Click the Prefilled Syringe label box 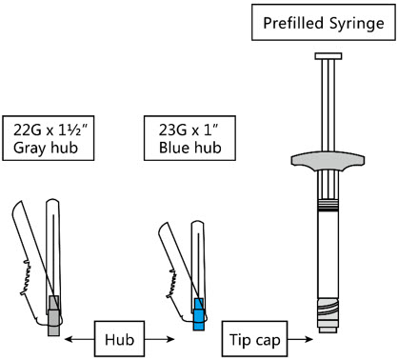tap(324, 22)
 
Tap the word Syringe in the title tap(356, 24)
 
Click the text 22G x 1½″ tap(50, 130)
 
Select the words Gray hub tap(46, 148)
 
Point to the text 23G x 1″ tap(189, 130)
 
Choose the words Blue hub tap(189, 148)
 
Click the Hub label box tap(119, 339)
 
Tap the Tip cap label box tap(254, 339)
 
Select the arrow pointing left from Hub tap(79, 339)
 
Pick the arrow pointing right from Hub tap(159, 339)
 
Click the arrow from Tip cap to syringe tap(300, 339)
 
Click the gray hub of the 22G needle tap(53, 315)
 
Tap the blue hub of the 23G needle tap(199, 314)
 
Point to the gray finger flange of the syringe tap(328, 162)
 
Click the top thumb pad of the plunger tap(328, 56)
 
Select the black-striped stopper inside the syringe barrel tap(328, 206)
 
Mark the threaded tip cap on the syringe tap(328, 315)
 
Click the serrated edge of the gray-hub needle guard tap(26, 277)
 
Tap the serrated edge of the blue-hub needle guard tap(171, 284)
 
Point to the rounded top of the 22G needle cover tap(52, 201)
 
